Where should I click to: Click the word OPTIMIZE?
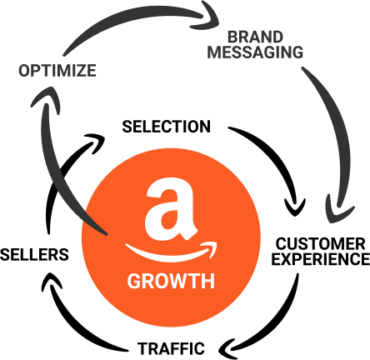coord(57,71)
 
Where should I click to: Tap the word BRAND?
coord(255,37)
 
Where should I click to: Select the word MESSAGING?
coord(255,52)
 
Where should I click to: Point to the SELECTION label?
coord(167,127)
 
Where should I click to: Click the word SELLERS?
coord(34,254)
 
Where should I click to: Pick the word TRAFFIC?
coord(171,348)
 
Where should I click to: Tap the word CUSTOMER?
coord(321,244)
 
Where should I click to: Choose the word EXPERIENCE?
coord(321,259)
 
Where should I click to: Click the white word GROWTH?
coord(171,281)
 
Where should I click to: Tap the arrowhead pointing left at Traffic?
coord(227,348)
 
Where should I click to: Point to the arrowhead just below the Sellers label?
coord(52,281)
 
